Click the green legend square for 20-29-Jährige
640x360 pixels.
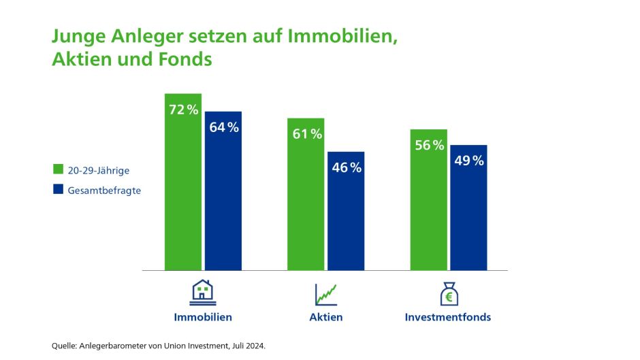(x=58, y=169)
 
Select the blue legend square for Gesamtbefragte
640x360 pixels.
(x=58, y=190)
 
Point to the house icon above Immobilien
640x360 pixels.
(x=202, y=293)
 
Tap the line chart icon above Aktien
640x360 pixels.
(x=326, y=294)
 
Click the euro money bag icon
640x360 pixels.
(x=448, y=293)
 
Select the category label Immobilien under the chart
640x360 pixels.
(x=203, y=317)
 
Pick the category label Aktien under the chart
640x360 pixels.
(x=326, y=317)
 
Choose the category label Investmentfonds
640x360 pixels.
(x=448, y=317)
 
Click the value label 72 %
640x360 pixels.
(x=183, y=110)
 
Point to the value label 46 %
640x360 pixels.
(x=346, y=167)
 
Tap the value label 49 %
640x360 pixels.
(x=468, y=161)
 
